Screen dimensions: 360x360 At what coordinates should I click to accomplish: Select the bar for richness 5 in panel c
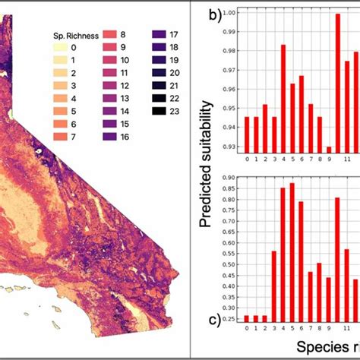tap(292, 254)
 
